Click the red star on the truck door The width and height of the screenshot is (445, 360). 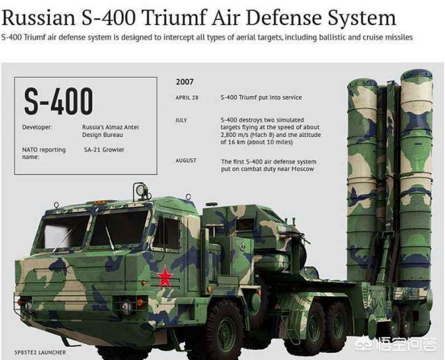point(165,276)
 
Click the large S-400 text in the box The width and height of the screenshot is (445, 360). point(58,101)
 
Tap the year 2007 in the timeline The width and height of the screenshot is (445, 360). point(185,82)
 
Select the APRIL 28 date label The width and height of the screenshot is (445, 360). point(187,97)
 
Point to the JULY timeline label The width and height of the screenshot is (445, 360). point(181,120)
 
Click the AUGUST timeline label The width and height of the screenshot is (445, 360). point(186,161)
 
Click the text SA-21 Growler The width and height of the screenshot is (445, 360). point(104,150)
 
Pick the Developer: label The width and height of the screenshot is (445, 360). point(37,127)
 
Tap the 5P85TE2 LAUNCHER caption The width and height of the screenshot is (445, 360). point(40,352)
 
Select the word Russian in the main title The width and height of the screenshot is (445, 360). point(39,18)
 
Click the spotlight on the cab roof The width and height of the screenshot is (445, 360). point(141,190)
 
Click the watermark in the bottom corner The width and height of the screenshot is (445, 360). point(396,344)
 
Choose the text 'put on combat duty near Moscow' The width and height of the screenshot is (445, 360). point(268,169)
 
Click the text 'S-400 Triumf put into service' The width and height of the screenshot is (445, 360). point(261,97)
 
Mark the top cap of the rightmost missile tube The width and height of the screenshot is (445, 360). point(416,75)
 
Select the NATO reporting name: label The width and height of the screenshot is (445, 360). point(44,153)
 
